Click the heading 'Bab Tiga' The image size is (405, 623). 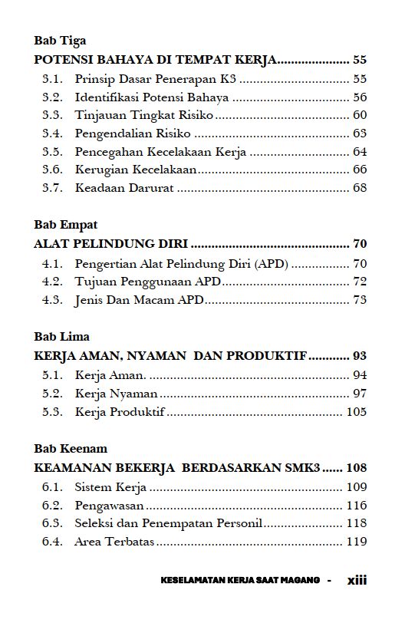click(60, 41)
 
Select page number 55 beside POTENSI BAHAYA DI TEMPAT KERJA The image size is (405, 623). click(360, 59)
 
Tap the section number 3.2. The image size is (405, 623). click(52, 97)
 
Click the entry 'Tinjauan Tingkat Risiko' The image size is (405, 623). click(143, 115)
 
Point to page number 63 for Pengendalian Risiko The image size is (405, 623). click(360, 133)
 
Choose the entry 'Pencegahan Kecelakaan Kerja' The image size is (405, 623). click(160, 152)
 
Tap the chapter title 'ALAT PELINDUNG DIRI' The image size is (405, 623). click(111, 244)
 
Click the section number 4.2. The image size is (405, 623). click(52, 282)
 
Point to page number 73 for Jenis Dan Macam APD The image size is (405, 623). click(360, 300)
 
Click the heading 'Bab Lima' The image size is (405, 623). click(61, 337)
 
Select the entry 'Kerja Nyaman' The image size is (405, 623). click(116, 394)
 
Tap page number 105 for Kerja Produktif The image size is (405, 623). click(357, 412)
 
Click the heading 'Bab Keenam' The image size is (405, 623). click(71, 448)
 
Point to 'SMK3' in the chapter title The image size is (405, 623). click(302, 466)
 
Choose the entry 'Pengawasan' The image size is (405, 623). click(110, 506)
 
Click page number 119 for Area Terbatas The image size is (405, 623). click(357, 542)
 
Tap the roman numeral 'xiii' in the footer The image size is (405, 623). click(357, 580)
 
